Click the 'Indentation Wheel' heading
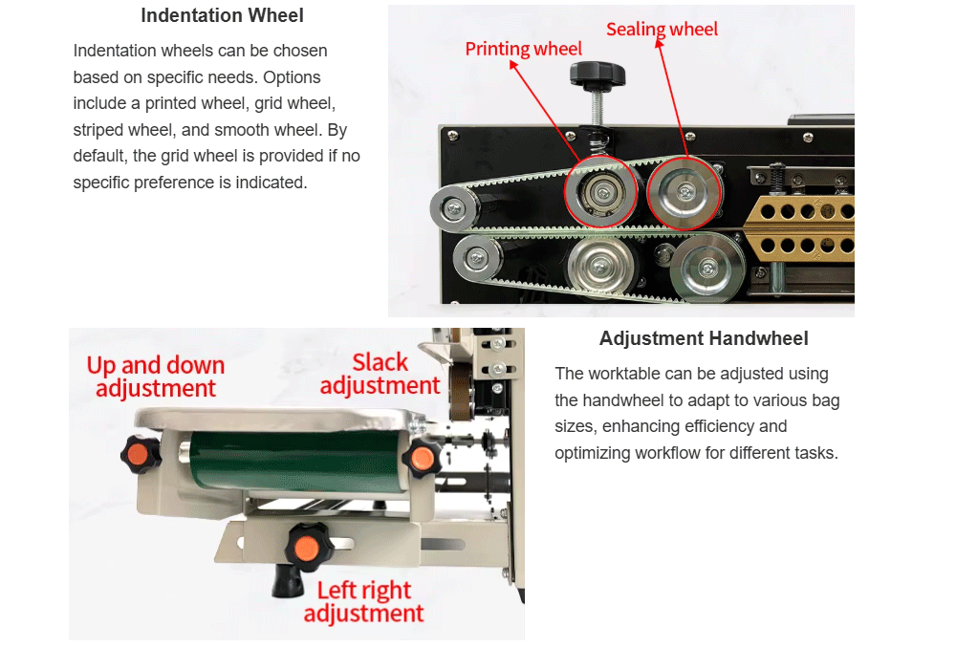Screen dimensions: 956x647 click(x=222, y=15)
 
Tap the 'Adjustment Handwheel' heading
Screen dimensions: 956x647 click(x=704, y=338)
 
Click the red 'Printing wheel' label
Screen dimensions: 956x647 click(x=523, y=48)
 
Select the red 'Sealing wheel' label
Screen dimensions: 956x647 click(x=662, y=29)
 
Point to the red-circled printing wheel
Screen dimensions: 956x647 click(x=601, y=191)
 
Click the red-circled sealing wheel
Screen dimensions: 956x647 click(x=684, y=192)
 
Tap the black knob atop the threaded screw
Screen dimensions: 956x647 click(x=597, y=74)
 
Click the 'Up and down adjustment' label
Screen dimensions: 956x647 click(x=156, y=377)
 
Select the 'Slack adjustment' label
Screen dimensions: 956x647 click(x=380, y=374)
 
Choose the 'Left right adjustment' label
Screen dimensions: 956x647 click(x=364, y=601)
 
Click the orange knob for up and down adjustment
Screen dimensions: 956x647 click(x=141, y=454)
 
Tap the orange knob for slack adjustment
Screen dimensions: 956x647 click(x=422, y=459)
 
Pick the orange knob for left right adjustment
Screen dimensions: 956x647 click(x=308, y=547)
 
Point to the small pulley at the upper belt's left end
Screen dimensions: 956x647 click(x=455, y=209)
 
